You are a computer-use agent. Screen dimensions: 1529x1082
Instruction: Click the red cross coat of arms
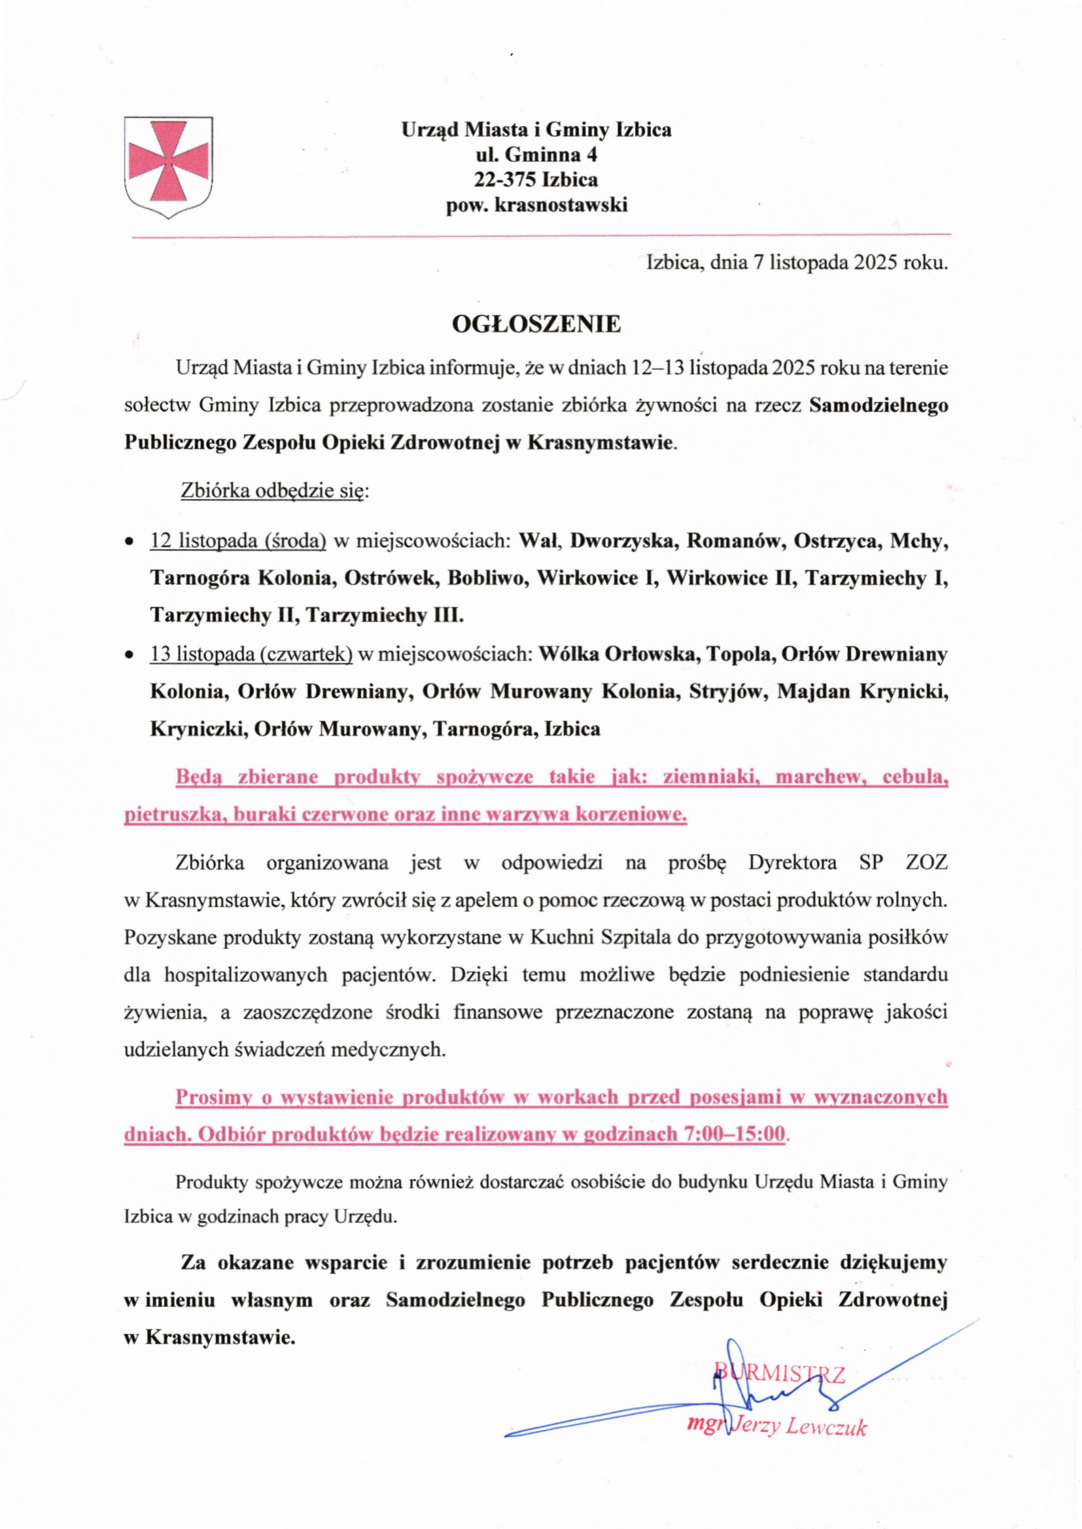169,162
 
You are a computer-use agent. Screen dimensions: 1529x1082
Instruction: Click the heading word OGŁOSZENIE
536,324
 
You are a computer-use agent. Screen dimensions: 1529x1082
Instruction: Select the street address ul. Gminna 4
536,155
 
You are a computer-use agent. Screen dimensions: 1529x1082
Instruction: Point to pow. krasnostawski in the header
536,205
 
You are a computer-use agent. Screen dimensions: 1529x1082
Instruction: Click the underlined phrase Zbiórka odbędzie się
273,492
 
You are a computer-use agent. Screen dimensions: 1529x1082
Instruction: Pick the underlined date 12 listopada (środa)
238,541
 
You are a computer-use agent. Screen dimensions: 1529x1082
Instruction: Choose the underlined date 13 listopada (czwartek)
251,655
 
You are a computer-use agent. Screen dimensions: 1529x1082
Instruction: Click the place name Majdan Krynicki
862,693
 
